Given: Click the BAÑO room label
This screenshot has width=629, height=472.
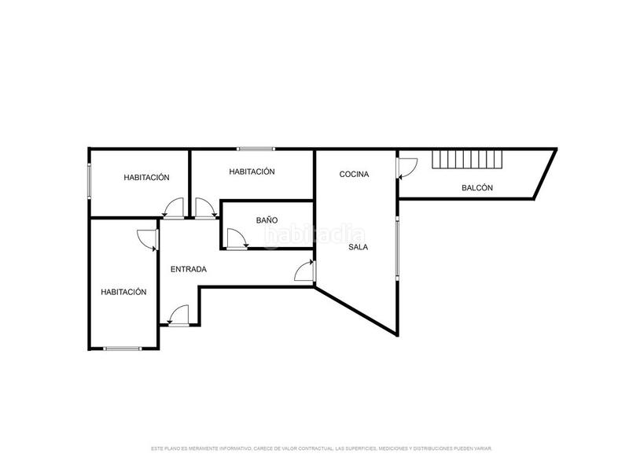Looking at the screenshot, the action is (x=267, y=220).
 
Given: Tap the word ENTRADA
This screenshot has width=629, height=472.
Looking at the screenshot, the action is (x=189, y=269).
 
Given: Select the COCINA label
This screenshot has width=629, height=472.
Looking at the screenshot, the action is (x=354, y=174).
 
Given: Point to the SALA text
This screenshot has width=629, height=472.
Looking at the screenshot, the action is (x=358, y=247).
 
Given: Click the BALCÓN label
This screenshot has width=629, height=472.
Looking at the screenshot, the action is (x=477, y=187).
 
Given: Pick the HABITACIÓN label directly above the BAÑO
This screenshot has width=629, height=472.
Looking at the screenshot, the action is (x=252, y=171).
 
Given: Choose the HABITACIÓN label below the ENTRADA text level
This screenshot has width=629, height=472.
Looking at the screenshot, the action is (x=123, y=292).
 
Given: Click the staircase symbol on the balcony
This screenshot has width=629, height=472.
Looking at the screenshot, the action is (x=467, y=160).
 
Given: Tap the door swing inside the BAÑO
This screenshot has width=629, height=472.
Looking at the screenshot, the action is (x=237, y=239).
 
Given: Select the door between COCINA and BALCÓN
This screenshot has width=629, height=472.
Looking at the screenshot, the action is (x=406, y=168).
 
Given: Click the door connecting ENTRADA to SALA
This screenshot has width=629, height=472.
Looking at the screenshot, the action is (x=305, y=271).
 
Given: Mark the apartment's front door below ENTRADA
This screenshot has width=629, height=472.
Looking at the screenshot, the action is (x=178, y=315).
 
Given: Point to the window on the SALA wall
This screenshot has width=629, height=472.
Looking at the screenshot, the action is (x=398, y=247).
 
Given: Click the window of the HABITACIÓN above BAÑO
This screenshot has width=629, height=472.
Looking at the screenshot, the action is (x=256, y=149).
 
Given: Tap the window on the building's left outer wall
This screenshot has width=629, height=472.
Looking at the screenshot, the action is (x=90, y=180).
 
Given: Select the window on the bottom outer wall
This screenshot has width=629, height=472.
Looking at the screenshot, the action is (x=123, y=348).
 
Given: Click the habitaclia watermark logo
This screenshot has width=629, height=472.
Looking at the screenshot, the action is (x=315, y=236).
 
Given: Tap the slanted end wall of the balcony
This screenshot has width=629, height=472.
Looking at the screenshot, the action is (x=545, y=174).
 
